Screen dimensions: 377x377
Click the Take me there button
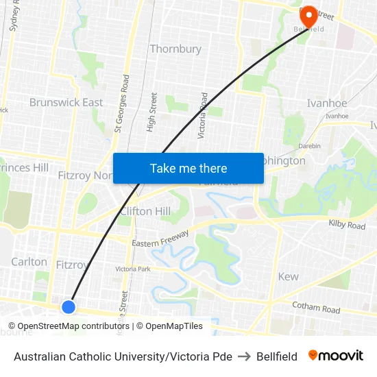click(x=188, y=168)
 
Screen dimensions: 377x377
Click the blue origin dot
click(x=69, y=306)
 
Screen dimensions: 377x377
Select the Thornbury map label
click(x=175, y=49)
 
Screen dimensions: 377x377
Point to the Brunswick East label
click(x=66, y=103)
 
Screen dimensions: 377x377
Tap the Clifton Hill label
click(x=145, y=211)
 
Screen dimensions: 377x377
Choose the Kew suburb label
click(x=288, y=276)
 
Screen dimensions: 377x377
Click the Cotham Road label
click(x=316, y=309)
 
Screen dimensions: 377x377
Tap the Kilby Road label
click(x=347, y=225)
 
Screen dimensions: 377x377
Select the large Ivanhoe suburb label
click(x=326, y=103)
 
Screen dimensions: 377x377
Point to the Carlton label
click(x=29, y=262)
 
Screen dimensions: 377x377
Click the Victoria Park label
click(x=133, y=269)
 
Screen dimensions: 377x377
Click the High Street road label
click(x=151, y=112)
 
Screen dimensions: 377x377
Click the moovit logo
click(x=336, y=355)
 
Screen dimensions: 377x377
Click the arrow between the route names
click(x=244, y=356)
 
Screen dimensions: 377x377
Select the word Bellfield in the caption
click(x=277, y=356)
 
